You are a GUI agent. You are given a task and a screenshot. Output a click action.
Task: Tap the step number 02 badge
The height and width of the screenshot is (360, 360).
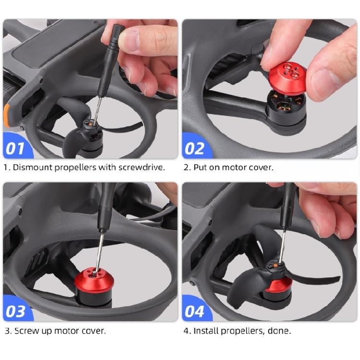click(195, 148)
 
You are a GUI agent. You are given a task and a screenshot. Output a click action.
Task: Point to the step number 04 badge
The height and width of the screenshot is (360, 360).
click(195, 311)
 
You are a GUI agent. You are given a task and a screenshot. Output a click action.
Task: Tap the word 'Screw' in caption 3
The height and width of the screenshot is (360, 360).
click(26, 331)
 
